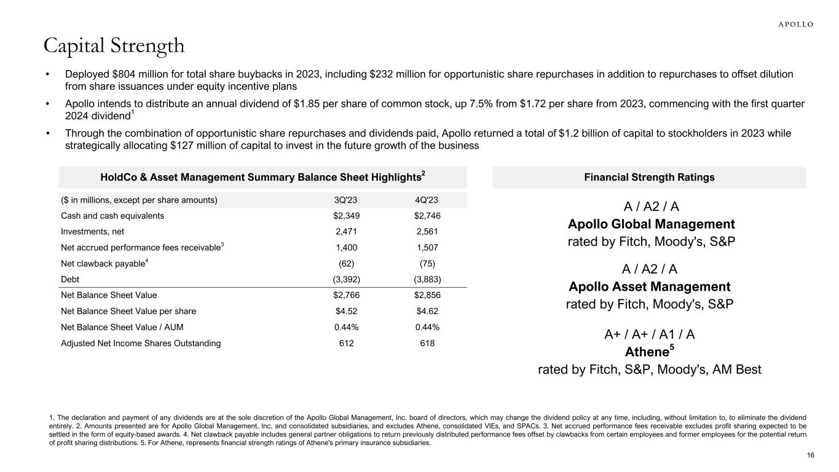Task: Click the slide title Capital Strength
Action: (x=114, y=45)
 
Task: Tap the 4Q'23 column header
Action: (x=427, y=200)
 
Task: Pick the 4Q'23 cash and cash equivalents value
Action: (x=427, y=216)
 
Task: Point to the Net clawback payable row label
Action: (x=103, y=264)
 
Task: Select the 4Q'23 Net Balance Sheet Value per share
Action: (x=427, y=311)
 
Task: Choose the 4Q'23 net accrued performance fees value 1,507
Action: (x=427, y=248)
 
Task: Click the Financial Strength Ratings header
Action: (x=649, y=178)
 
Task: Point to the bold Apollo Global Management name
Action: (x=651, y=224)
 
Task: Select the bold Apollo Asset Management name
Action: (x=650, y=286)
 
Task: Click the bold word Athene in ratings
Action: (x=646, y=352)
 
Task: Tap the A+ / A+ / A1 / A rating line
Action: (x=650, y=335)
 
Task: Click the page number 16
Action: (x=810, y=455)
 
